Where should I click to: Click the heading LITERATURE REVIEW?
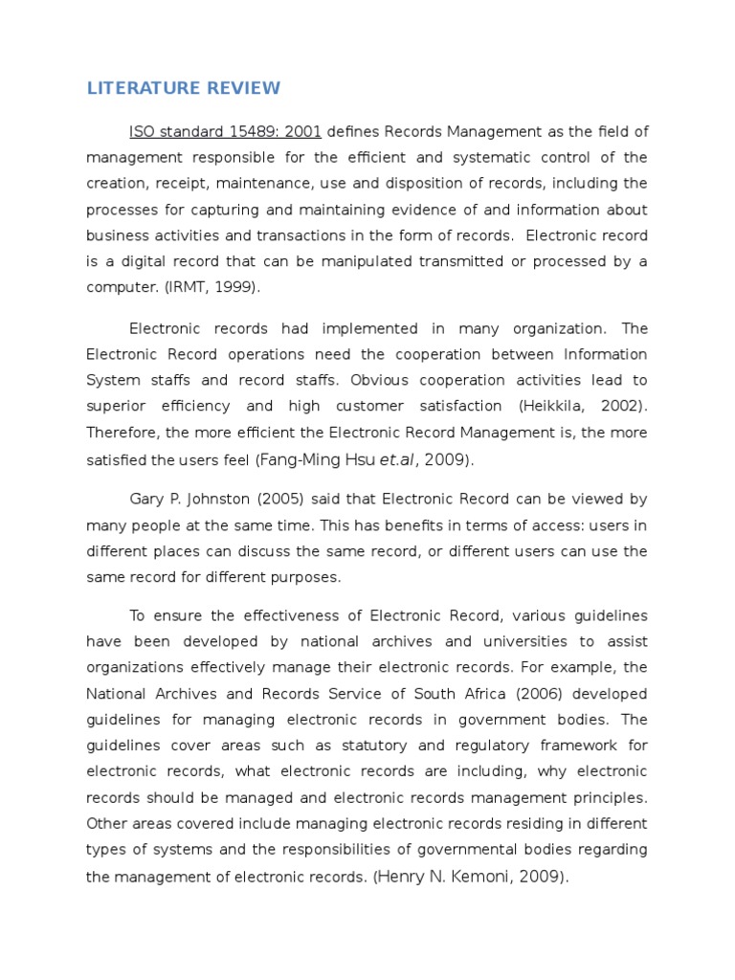(x=184, y=89)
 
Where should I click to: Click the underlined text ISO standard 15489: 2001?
(x=226, y=131)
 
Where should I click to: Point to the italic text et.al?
(x=397, y=459)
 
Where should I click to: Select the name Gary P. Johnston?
(x=183, y=499)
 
